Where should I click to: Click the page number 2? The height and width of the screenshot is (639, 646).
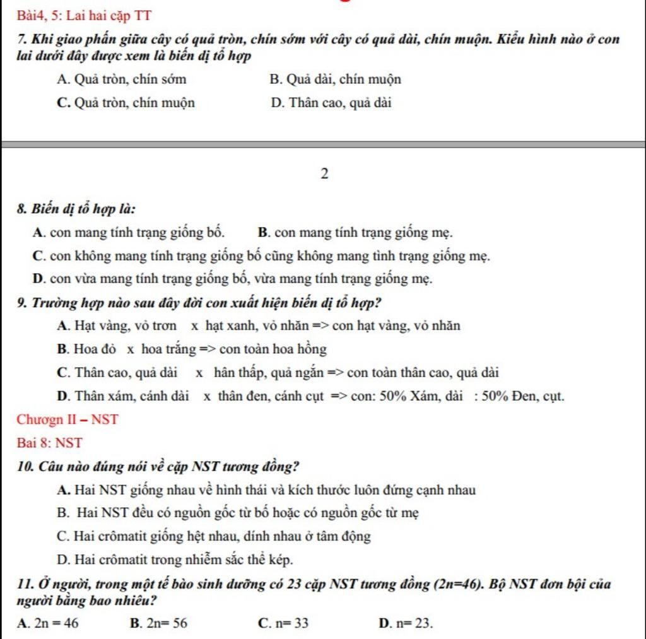click(324, 173)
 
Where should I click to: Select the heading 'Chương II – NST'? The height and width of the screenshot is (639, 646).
click(68, 419)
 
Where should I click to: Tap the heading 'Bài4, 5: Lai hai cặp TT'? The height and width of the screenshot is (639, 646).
click(85, 15)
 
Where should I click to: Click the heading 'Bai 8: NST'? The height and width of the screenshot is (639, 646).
click(50, 443)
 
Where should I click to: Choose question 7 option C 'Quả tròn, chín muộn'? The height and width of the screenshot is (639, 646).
click(126, 103)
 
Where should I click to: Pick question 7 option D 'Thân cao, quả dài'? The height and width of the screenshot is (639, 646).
click(331, 103)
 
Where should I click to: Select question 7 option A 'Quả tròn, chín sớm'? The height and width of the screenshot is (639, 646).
click(121, 80)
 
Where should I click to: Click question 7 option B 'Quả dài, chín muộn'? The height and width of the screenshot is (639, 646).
click(335, 80)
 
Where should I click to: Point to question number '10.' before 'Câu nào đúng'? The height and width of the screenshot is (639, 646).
click(26, 467)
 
